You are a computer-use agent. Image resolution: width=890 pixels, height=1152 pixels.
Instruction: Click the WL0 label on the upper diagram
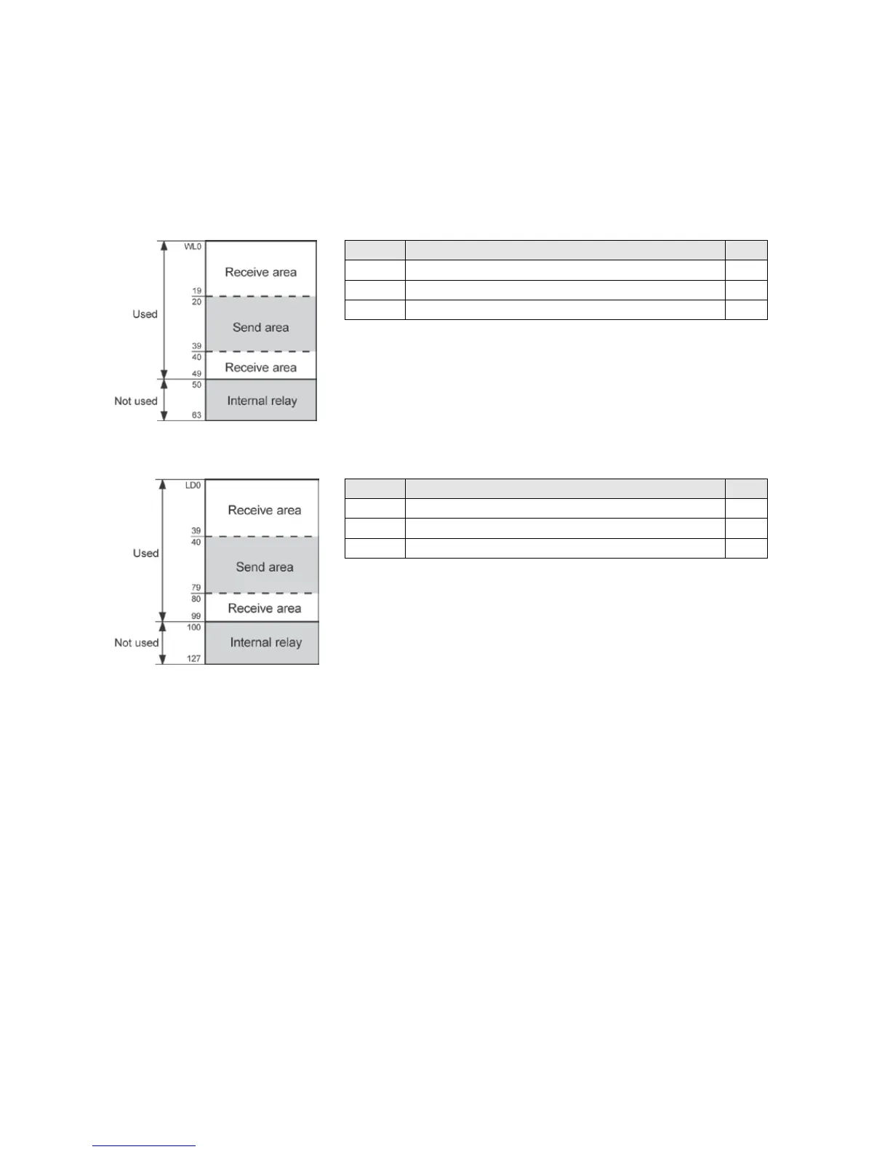(193, 247)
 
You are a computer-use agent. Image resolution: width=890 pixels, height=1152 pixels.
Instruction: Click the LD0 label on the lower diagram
(193, 485)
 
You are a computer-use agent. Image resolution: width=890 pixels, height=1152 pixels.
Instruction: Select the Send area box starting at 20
(260, 327)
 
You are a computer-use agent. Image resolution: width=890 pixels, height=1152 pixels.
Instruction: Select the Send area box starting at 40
(264, 567)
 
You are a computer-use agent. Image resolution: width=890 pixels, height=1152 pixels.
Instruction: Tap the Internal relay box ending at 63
(261, 401)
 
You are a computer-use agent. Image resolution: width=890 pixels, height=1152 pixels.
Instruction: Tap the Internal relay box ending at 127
(265, 642)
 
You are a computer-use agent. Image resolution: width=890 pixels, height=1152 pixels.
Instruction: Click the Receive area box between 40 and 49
(260, 367)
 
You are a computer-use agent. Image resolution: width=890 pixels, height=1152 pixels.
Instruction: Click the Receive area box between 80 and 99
(264, 608)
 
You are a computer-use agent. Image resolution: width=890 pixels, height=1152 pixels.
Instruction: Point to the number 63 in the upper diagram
(196, 415)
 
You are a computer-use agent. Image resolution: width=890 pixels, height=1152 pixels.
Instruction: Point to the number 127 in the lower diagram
(193, 659)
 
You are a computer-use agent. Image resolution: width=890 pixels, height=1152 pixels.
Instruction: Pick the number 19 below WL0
(196, 291)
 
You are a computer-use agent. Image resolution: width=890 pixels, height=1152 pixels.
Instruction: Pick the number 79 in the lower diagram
(196, 588)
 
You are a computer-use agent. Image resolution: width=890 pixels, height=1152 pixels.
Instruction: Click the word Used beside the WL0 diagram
(145, 314)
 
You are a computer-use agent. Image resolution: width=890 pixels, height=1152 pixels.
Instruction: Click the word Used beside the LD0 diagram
(145, 553)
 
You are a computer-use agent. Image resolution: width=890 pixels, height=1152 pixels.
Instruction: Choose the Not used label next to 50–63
(135, 401)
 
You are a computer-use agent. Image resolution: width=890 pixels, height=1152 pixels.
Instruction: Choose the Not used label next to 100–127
(136, 642)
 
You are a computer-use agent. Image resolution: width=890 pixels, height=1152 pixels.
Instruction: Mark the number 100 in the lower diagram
(193, 627)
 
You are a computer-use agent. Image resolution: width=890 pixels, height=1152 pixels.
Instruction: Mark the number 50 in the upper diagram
(196, 385)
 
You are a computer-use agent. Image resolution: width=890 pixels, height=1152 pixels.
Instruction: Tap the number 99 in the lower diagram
(196, 616)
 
